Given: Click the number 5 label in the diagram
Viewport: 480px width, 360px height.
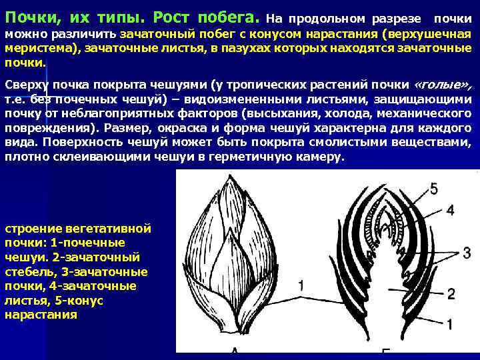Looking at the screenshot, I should point(434,189).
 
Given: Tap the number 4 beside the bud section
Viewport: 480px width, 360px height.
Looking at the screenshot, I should point(450,211).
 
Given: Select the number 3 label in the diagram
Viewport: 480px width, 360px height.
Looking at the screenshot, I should point(466,253).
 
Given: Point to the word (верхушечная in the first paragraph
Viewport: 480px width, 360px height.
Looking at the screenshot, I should point(430,34).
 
